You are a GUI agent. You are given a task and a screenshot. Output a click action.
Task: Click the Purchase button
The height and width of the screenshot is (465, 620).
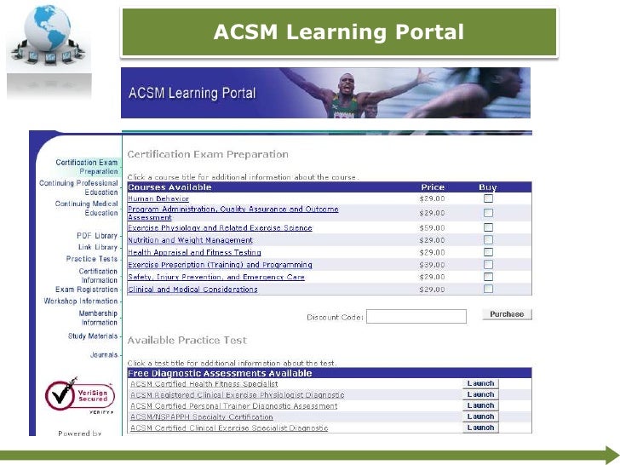(507, 314)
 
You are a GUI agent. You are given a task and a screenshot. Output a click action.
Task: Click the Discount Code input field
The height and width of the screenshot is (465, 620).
(416, 316)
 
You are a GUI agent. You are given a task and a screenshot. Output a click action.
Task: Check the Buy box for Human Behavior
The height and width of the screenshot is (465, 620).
(488, 198)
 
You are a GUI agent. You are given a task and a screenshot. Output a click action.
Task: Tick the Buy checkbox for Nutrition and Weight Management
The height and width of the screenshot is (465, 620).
(488, 240)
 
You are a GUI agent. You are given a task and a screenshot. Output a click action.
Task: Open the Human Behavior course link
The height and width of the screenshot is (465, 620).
(158, 198)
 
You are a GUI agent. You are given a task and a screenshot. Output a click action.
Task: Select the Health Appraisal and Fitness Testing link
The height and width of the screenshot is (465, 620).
(194, 252)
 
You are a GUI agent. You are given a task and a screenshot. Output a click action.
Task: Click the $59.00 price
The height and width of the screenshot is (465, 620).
(433, 228)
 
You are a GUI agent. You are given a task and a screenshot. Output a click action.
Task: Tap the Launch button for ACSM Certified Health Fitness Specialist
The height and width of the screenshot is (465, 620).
(480, 384)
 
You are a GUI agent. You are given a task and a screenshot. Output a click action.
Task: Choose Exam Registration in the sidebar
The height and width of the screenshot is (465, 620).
(87, 290)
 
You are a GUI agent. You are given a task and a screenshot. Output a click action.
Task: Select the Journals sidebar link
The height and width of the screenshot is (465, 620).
(104, 354)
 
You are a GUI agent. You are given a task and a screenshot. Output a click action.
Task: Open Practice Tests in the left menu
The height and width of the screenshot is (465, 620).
(92, 259)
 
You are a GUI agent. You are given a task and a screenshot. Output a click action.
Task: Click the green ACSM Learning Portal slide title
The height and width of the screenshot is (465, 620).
(339, 32)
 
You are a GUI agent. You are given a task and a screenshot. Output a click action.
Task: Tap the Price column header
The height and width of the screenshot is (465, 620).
(433, 187)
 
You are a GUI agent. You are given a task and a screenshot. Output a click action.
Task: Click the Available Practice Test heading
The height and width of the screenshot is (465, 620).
(187, 341)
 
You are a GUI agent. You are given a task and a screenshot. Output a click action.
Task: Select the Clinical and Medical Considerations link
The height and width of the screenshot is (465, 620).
(192, 290)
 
